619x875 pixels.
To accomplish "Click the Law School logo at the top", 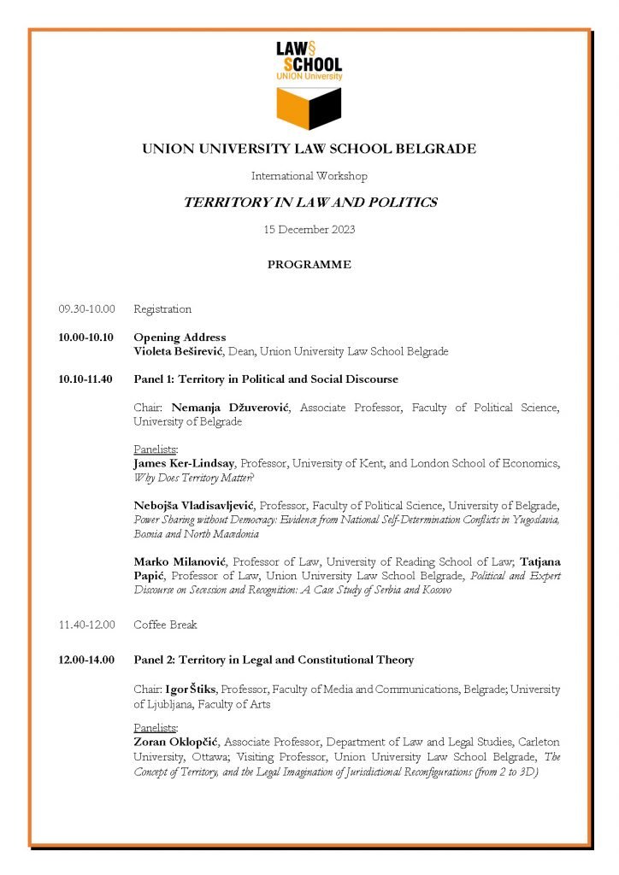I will pos(309,83).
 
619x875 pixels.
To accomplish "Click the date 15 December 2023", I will pos(309,230).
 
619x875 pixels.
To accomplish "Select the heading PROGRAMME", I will pos(309,265).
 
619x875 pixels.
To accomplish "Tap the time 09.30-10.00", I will pos(86,309).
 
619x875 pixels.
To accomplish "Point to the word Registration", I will pos(162,309).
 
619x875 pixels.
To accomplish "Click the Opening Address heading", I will pos(180,338).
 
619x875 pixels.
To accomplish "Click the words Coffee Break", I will pos(165,625).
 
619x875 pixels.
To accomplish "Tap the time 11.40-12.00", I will pos(86,625).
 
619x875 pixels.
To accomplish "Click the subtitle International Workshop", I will pos(309,176).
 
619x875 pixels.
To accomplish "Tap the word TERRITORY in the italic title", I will pos(224,203).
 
